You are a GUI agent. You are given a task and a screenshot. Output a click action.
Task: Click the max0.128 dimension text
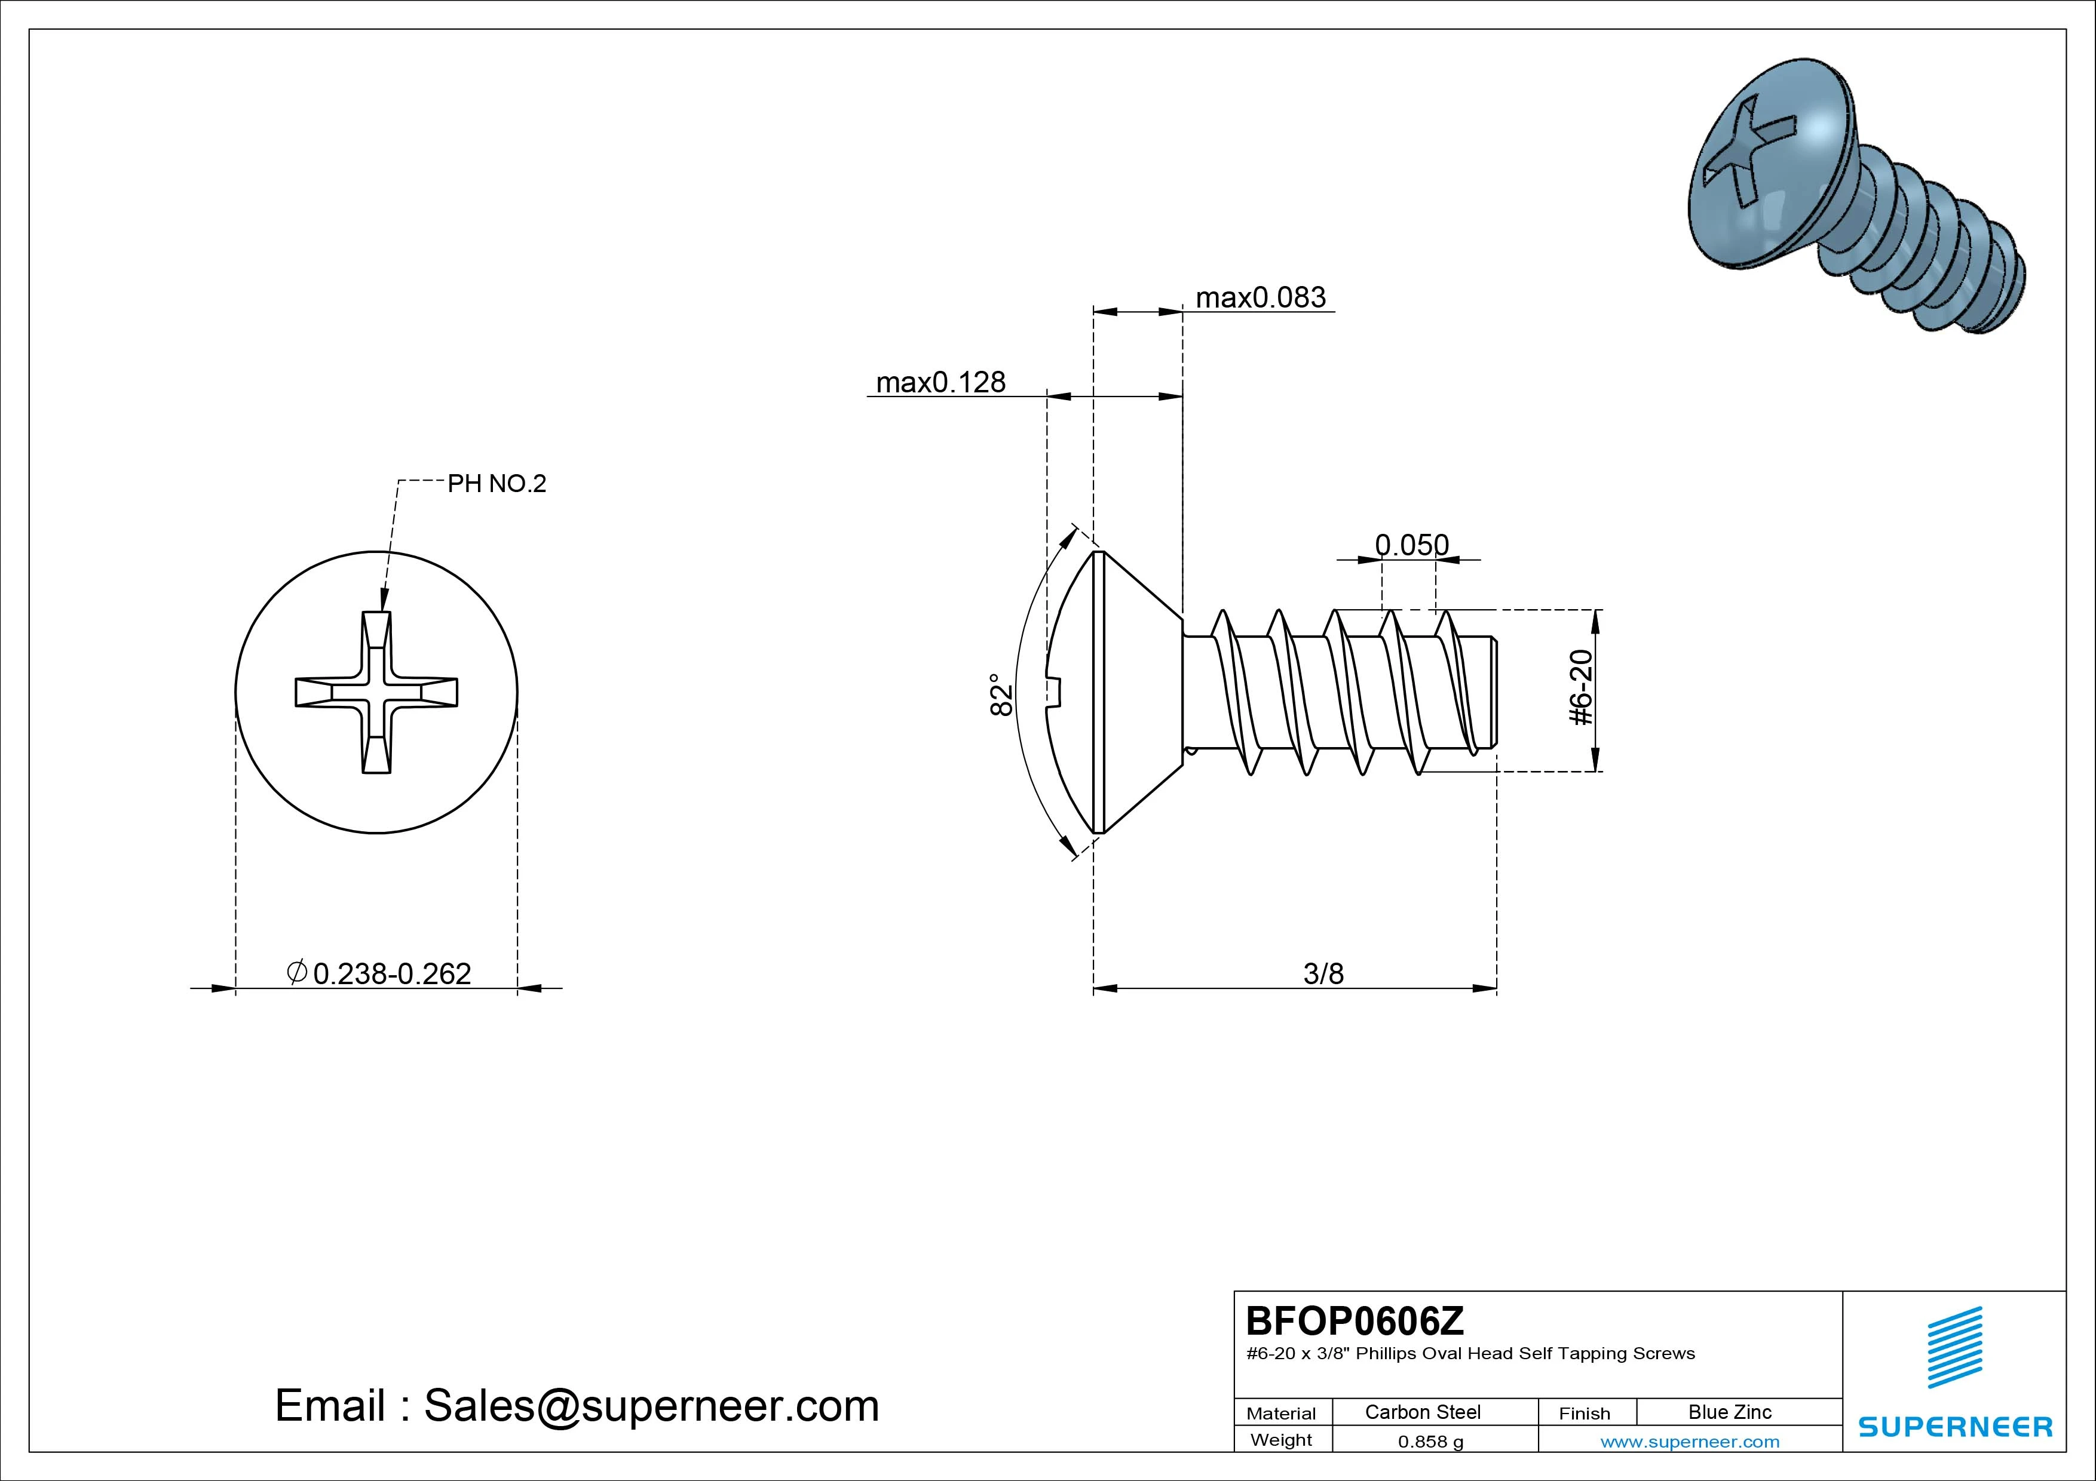pos(940,382)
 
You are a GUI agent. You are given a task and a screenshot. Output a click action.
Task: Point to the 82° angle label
pos(1001,695)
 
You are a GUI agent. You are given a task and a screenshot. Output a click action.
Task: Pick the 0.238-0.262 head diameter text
pos(391,973)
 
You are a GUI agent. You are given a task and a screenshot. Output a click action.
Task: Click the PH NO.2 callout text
pos(497,484)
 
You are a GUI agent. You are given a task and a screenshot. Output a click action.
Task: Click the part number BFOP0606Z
pos(1355,1320)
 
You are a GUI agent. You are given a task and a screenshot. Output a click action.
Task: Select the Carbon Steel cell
pos(1422,1412)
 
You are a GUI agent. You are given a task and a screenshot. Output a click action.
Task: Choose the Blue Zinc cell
pos(1729,1412)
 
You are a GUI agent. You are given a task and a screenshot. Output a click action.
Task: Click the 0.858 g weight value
pos(1430,1442)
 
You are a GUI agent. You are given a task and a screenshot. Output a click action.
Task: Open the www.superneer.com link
pos(1690,1442)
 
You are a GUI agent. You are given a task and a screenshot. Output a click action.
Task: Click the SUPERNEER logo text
pos(1956,1426)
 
